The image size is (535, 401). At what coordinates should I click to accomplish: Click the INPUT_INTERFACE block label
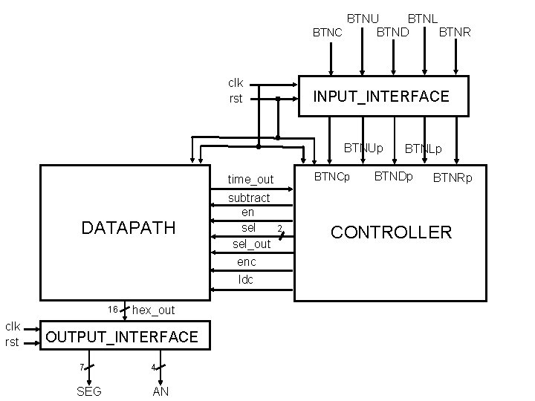pyautogui.click(x=381, y=97)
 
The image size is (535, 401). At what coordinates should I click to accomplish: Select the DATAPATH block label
pyautogui.click(x=129, y=227)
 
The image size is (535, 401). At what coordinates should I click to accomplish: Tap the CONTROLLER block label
pyautogui.click(x=391, y=232)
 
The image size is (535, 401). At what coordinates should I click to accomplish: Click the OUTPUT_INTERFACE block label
pyautogui.click(x=122, y=337)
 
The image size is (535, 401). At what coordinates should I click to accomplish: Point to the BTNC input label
pyautogui.click(x=328, y=33)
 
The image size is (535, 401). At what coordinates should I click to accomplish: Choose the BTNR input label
pyautogui.click(x=455, y=33)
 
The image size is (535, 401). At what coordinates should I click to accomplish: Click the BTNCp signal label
pyautogui.click(x=332, y=177)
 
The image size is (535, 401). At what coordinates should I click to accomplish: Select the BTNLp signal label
pyautogui.click(x=423, y=149)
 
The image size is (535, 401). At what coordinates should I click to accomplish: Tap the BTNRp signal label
pyautogui.click(x=453, y=178)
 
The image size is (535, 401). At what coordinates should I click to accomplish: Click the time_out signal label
pyautogui.click(x=250, y=180)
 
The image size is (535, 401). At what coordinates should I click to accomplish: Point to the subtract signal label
pyautogui.click(x=249, y=198)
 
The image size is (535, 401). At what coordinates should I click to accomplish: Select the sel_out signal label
pyautogui.click(x=252, y=244)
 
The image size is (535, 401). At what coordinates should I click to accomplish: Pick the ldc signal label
pyautogui.click(x=246, y=280)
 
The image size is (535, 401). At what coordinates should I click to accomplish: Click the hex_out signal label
pyautogui.click(x=153, y=310)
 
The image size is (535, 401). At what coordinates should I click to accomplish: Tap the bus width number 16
pyautogui.click(x=112, y=309)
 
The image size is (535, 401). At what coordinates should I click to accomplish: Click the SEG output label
pyautogui.click(x=89, y=391)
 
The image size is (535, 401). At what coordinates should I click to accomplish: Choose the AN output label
pyautogui.click(x=160, y=391)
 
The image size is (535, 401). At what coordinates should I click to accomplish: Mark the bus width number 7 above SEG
pyautogui.click(x=81, y=368)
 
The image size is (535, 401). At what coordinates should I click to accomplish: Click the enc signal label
pyautogui.click(x=247, y=262)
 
